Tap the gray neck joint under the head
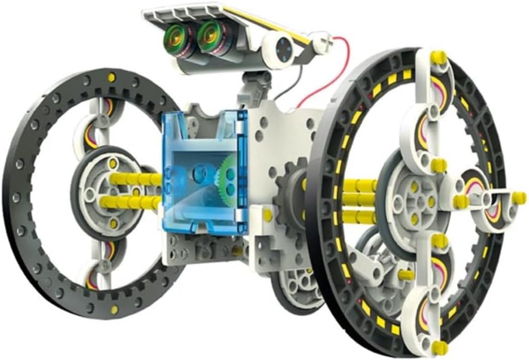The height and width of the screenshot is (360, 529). coord(254,84)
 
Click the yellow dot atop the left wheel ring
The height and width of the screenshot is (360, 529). coord(111,78)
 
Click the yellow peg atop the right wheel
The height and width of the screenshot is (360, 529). coord(438,56)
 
